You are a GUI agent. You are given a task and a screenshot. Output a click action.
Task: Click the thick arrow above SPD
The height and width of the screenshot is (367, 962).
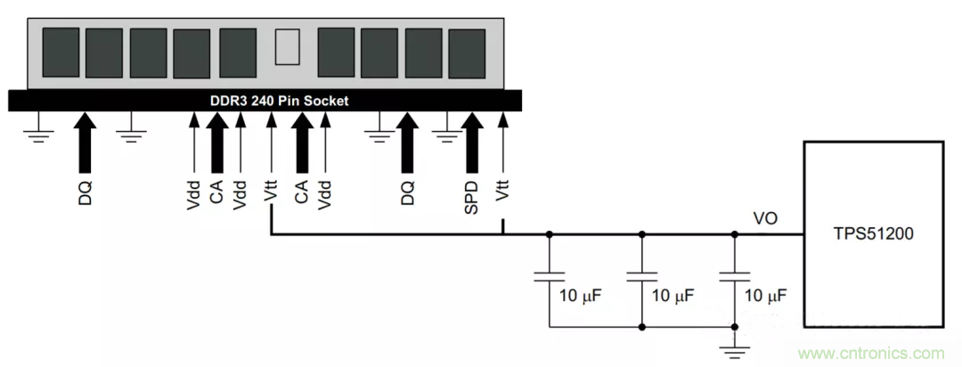point(473,143)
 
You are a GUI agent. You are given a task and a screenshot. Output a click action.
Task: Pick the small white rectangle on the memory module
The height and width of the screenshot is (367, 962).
point(286,47)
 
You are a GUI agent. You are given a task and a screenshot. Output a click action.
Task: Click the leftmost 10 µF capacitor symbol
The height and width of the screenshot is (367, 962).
point(549,275)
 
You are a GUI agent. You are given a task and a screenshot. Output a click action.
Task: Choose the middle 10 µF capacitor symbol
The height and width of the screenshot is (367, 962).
point(641,275)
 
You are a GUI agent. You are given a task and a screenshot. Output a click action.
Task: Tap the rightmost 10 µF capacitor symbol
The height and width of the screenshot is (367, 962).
point(734,275)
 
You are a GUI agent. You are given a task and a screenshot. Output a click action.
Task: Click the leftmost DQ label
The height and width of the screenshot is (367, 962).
point(85,192)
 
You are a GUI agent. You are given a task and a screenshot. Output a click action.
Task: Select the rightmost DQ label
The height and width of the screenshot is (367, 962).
point(408,192)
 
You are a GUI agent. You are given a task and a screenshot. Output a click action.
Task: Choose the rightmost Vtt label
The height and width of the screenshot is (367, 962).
point(503,192)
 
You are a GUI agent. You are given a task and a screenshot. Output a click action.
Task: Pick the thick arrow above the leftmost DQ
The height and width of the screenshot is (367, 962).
point(85,143)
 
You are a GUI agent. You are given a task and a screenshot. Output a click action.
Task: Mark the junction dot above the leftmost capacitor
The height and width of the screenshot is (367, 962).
point(549,236)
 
